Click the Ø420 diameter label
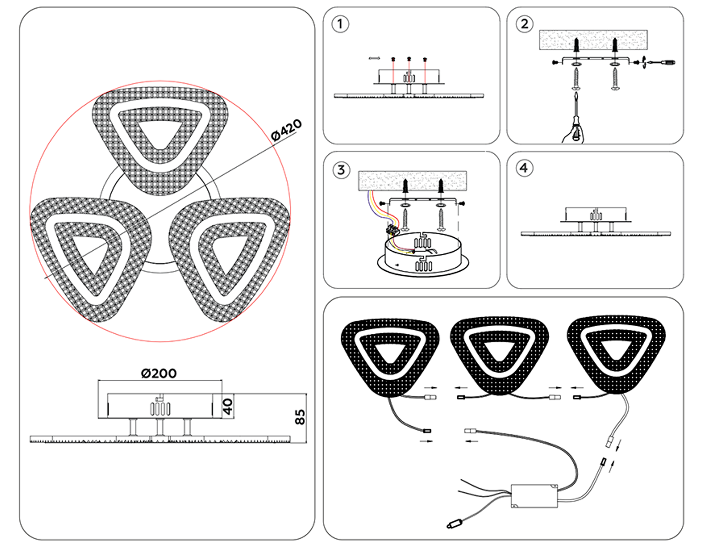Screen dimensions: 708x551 [x=287, y=130]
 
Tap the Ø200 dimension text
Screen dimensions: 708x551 [x=159, y=373]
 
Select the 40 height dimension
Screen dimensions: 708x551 [x=227, y=406]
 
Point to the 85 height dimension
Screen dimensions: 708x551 [x=300, y=417]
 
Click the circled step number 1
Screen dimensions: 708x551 [x=340, y=24]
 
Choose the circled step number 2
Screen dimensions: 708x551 [x=524, y=24]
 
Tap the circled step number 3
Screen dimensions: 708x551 [x=341, y=170]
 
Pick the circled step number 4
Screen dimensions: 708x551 [x=524, y=168]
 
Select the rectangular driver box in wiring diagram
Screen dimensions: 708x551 [x=535, y=496]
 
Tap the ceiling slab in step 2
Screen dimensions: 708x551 [x=594, y=40]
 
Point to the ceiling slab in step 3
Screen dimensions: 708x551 [x=412, y=181]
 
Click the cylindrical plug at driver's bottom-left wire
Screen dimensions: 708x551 [x=455, y=524]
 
